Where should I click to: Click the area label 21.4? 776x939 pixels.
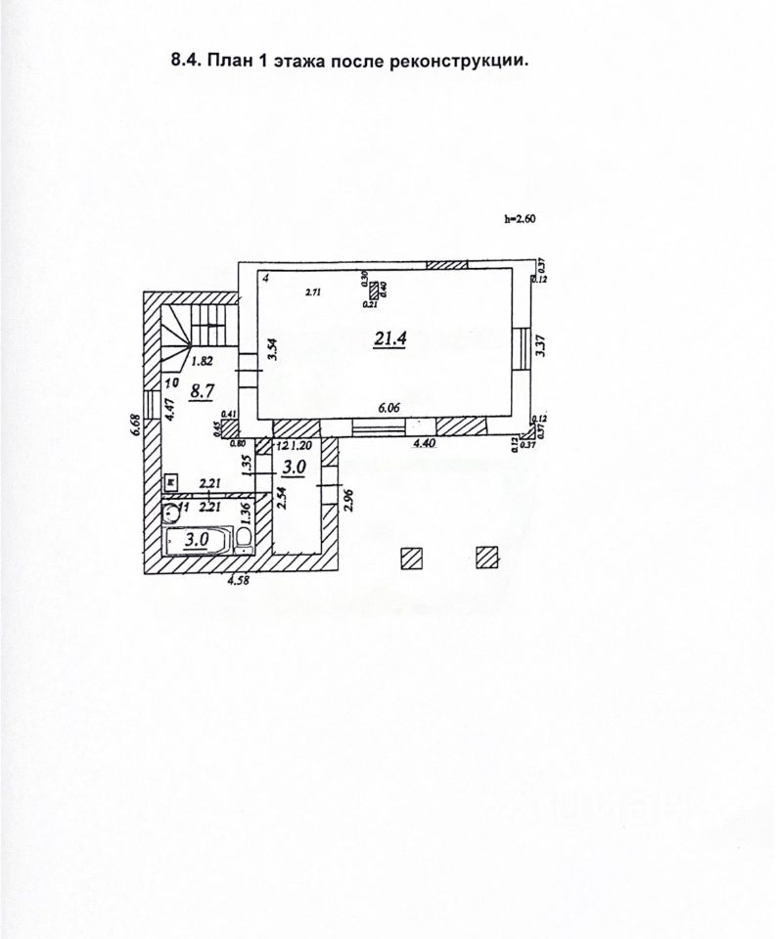coord(389,339)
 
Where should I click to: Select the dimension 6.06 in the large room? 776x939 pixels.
coord(389,409)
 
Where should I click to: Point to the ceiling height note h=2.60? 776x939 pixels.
coord(521,220)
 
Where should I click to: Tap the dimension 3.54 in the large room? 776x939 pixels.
coord(275,350)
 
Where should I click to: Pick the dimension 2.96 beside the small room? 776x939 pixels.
coord(346,500)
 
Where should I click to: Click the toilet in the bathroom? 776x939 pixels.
coord(243,540)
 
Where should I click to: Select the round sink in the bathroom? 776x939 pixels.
coord(171,510)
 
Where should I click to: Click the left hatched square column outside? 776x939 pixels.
coord(411,558)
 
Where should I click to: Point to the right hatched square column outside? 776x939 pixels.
coord(487,558)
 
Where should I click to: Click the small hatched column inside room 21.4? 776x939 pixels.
coord(374,290)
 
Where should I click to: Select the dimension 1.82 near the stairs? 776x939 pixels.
coord(204,360)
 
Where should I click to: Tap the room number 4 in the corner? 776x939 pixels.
coord(265,279)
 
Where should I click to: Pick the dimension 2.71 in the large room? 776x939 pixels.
coord(313,291)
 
